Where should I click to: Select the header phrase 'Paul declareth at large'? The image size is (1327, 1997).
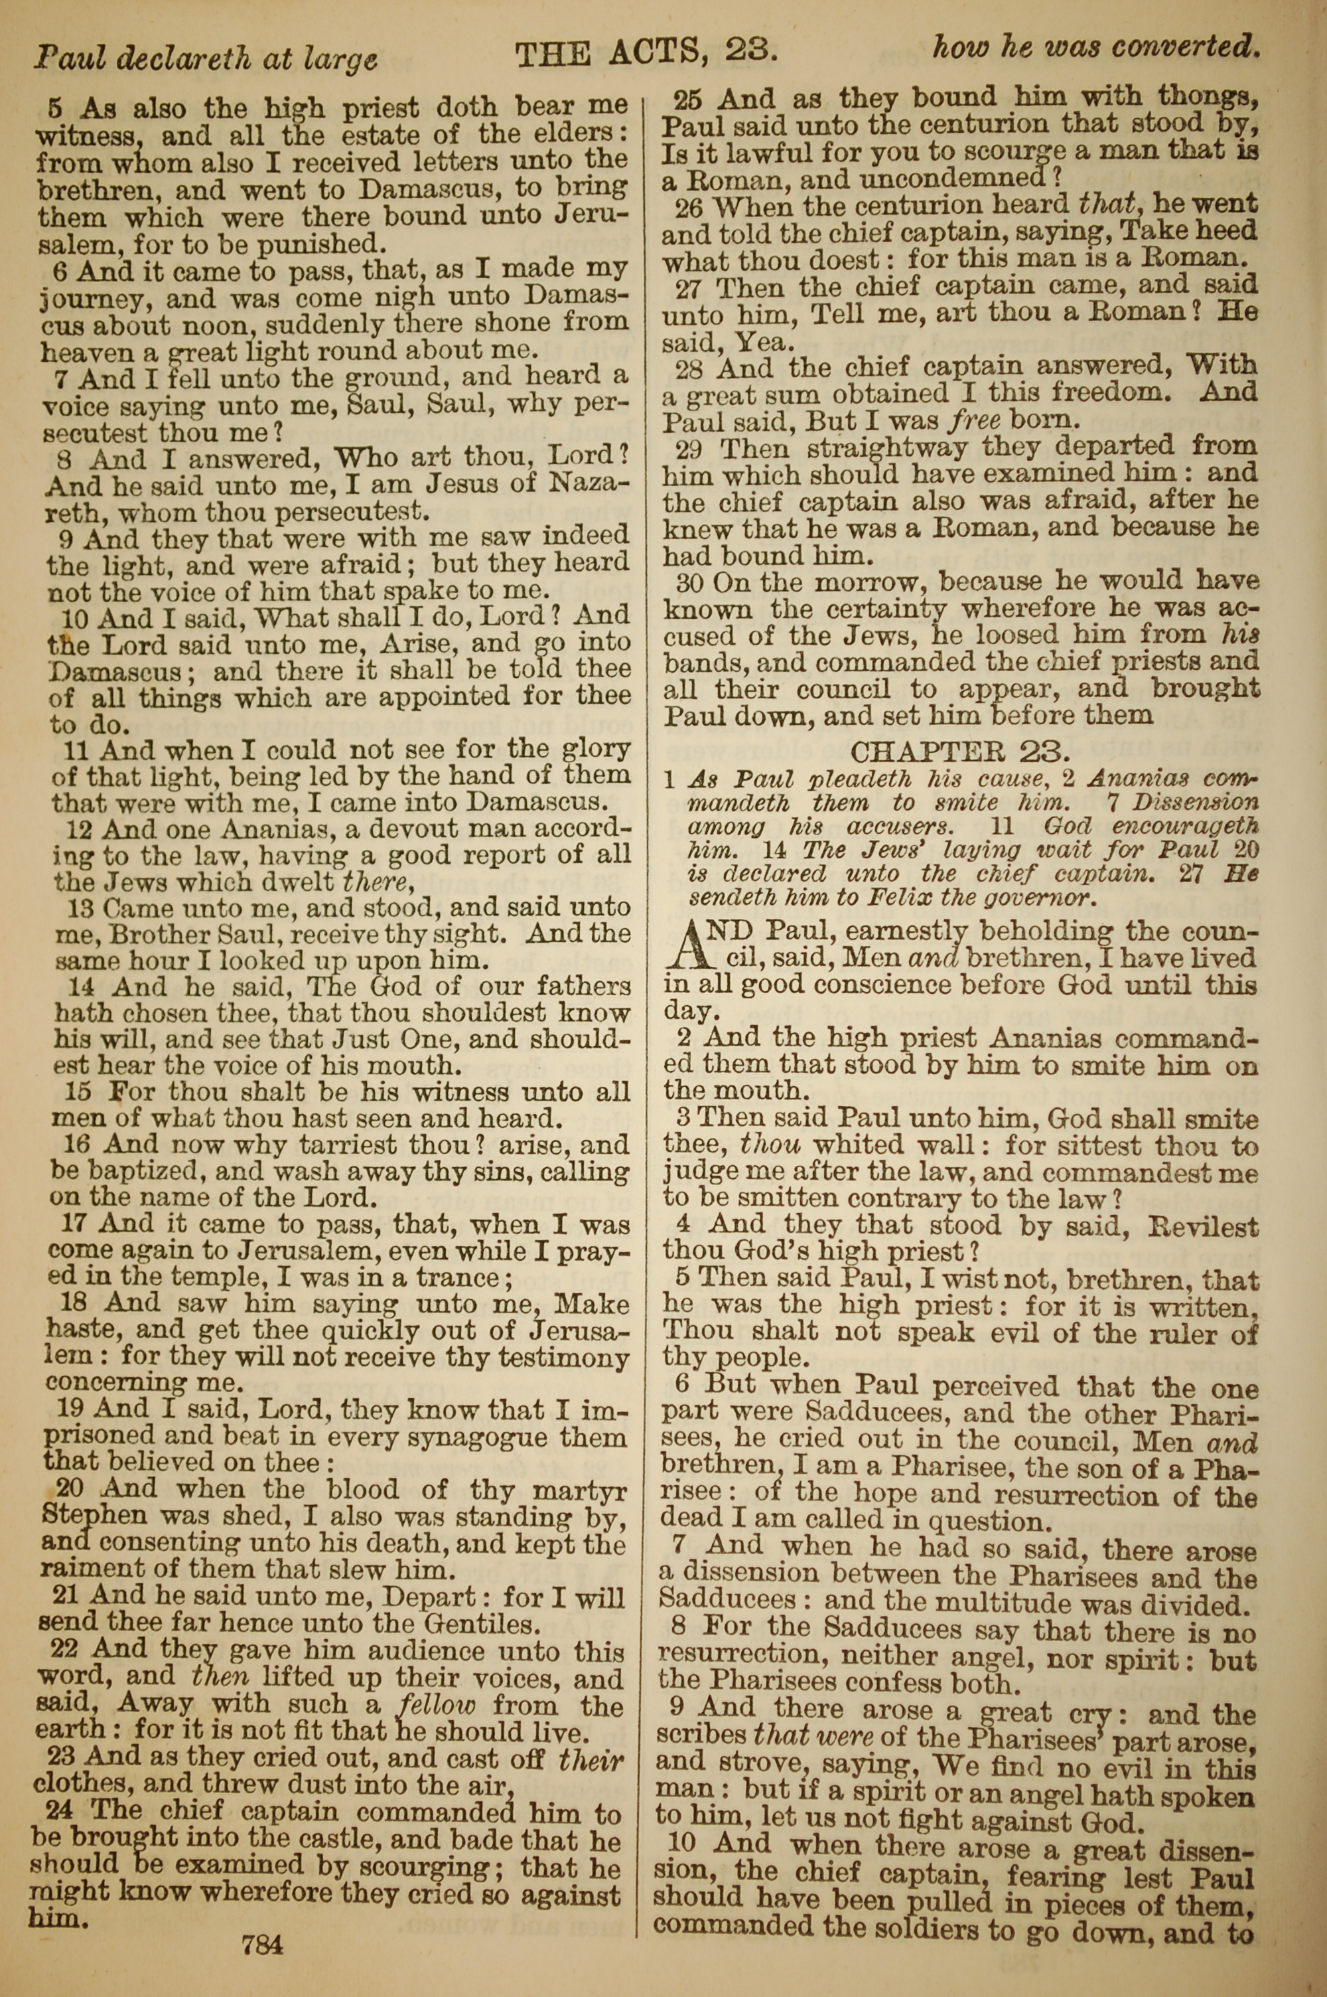[206, 58]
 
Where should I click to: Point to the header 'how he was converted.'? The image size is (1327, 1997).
[1096, 46]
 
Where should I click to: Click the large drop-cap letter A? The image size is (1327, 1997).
[685, 945]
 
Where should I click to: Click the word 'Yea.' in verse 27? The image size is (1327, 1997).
[764, 342]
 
